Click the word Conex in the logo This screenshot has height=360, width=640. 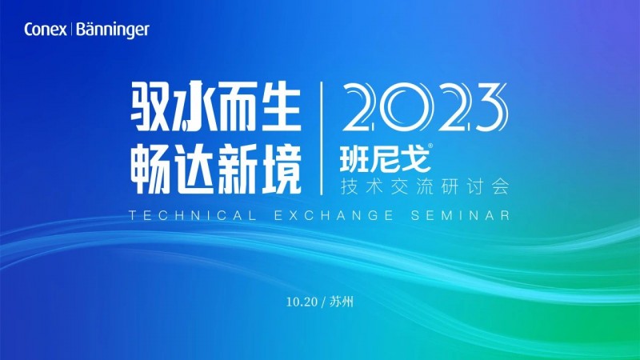[45, 30]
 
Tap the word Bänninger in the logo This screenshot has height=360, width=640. [113, 30]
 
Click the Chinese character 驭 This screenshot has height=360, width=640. [150, 106]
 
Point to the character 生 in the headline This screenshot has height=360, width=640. [279, 106]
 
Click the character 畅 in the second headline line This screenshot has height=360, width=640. [150, 170]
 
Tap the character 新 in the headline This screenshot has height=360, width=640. [237, 170]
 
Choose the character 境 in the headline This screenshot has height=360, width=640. [280, 170]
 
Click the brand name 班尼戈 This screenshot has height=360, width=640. [385, 158]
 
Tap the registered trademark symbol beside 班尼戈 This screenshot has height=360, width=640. [430, 145]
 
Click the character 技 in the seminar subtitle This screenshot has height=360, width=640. [349, 187]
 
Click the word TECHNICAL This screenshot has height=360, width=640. [193, 215]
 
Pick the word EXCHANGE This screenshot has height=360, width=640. [334, 215]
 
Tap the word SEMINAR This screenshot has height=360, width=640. [461, 215]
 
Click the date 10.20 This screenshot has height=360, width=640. [302, 302]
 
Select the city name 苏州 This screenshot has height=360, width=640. [342, 302]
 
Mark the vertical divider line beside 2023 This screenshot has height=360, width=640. [322, 138]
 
